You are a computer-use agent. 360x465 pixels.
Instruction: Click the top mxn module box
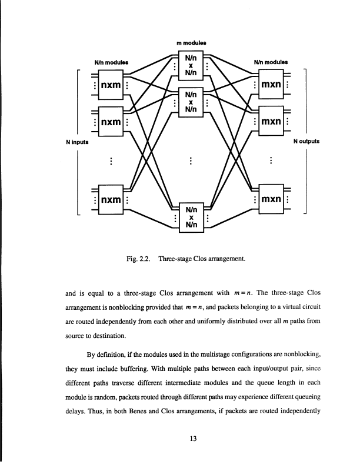pos(270,86)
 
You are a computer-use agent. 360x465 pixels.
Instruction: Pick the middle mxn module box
pos(270,122)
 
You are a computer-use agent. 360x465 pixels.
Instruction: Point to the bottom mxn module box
pos(270,199)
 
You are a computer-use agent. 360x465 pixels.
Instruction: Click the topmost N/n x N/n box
pos(191,66)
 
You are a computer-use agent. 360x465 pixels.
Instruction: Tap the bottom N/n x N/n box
pos(191,216)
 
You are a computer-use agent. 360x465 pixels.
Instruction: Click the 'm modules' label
pos(191,42)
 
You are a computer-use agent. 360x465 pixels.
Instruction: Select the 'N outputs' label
pos(306,141)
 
